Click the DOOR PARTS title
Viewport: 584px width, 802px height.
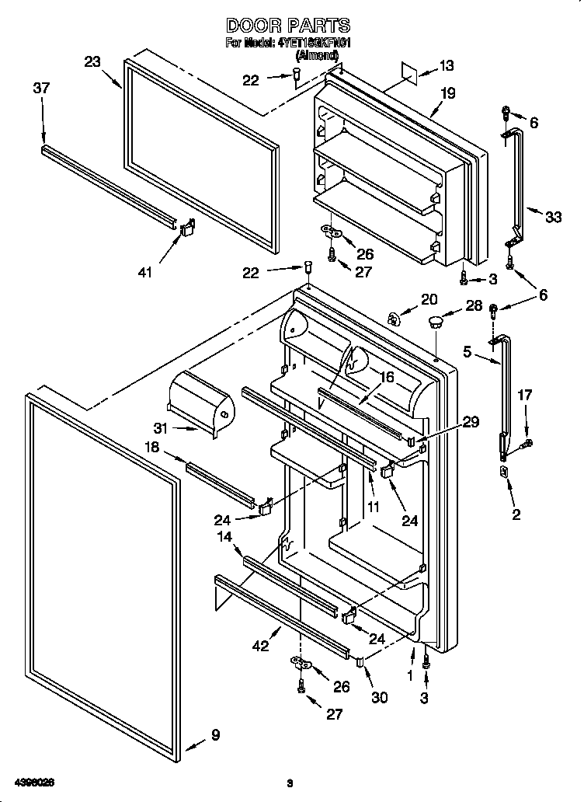(x=287, y=26)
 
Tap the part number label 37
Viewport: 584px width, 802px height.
(x=41, y=89)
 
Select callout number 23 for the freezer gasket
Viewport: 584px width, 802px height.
(x=92, y=62)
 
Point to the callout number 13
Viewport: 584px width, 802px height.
(x=446, y=66)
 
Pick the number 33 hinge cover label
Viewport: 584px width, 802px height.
(x=552, y=218)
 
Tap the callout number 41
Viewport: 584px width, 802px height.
(x=145, y=271)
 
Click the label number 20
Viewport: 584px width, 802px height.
(x=429, y=300)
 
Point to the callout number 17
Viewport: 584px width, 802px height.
(x=525, y=396)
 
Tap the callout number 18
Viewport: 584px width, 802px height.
(x=151, y=448)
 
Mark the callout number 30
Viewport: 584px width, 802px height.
(x=379, y=697)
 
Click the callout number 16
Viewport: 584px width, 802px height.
(x=386, y=378)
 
